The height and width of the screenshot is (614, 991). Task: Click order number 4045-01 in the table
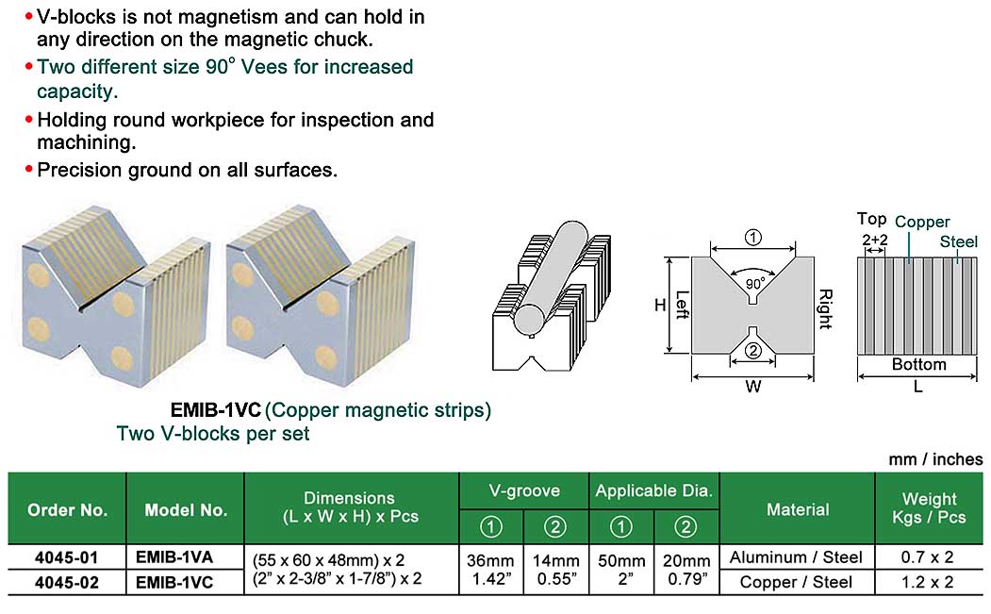65,557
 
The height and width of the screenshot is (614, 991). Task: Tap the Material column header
797,509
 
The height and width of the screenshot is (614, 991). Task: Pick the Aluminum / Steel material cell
797,557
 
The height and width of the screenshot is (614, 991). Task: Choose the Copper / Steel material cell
797,583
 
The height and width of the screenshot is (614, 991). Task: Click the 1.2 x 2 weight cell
929,583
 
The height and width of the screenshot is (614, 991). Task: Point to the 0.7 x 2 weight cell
929,557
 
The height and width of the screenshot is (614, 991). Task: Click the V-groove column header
524,490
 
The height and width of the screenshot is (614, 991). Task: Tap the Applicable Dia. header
654,490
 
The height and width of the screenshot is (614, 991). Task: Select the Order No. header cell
67,509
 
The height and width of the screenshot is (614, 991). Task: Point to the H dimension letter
660,305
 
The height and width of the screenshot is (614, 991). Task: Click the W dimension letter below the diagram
752,387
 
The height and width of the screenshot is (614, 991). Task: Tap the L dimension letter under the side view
917,387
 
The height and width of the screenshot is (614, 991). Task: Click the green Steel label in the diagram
958,242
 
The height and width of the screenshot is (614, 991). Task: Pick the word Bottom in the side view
918,364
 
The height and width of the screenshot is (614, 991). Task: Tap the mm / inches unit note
934,459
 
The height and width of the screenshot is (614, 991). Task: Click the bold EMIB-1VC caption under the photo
215,411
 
